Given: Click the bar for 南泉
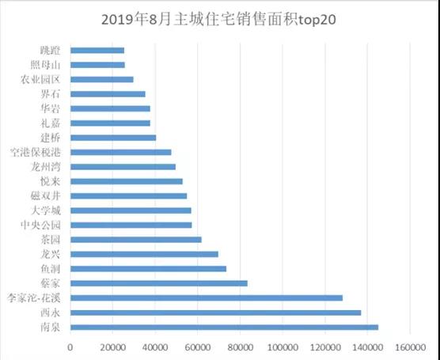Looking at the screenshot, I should pyautogui.click(x=224, y=327).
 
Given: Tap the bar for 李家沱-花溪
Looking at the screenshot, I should pyautogui.click(x=206, y=297).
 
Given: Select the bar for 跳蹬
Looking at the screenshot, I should pyautogui.click(x=97, y=51).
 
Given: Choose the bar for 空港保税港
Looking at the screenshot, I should pyautogui.click(x=120, y=152).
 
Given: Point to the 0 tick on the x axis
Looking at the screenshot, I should pyautogui.click(x=70, y=347).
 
